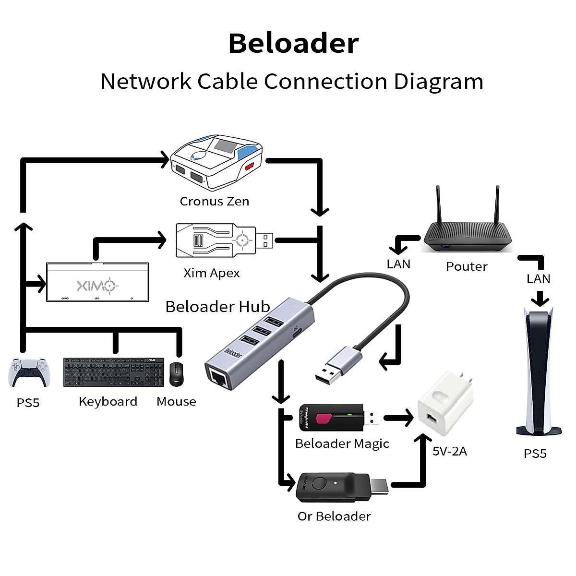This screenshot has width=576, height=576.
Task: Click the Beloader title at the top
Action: coord(293,43)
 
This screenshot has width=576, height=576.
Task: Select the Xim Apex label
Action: coord(211,273)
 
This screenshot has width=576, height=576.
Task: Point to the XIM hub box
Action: coord(97,282)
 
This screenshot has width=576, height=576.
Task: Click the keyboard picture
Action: coord(114,372)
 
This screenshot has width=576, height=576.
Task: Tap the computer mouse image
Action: coord(176,374)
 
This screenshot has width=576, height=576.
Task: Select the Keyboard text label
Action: coord(108,401)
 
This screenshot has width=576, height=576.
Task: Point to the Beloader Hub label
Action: coord(217,307)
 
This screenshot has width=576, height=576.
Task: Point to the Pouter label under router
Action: coord(467,266)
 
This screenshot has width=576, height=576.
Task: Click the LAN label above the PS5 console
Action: coord(538,279)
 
